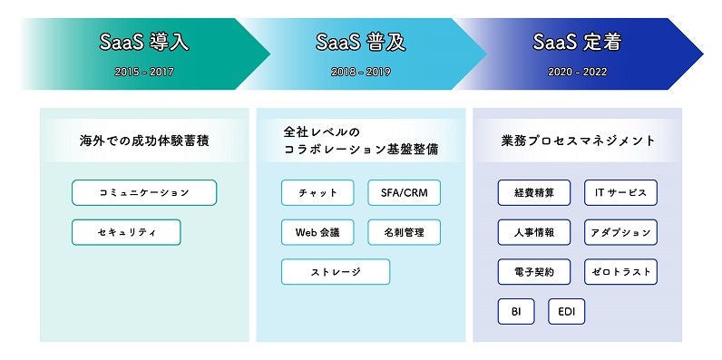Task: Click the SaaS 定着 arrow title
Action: coord(577,43)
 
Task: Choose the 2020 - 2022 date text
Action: coord(577,71)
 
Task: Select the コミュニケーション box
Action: coord(144,192)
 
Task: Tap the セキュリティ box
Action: coord(126,232)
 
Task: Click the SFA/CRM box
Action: coord(404,192)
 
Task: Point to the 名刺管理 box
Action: coord(404,232)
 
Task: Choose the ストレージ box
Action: coord(336,272)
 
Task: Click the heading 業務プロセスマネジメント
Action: coord(578,141)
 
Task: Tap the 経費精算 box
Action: coord(534,192)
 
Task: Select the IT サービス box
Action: coord(620,192)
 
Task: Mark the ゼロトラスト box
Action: coord(620,272)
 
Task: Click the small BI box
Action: coord(515,312)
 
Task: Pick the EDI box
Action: coord(566,312)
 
